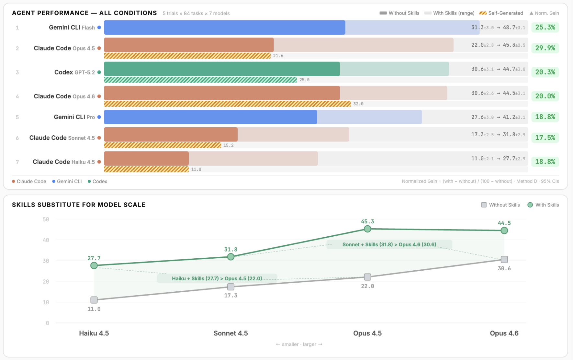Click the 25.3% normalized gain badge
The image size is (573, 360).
[x=545, y=28]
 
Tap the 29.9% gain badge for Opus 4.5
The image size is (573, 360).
[x=545, y=48]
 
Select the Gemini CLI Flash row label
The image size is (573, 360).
[x=72, y=28]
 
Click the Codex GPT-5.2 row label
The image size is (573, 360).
[x=74, y=72]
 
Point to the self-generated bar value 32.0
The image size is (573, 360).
[x=358, y=104]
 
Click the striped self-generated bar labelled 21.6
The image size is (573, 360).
[x=187, y=56]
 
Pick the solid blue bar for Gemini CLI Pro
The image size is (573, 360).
[x=210, y=117]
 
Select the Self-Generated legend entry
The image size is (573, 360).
[x=501, y=13]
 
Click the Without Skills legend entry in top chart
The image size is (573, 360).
[x=399, y=13]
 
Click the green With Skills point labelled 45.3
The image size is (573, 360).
[x=367, y=229]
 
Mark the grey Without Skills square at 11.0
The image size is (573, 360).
[x=94, y=300]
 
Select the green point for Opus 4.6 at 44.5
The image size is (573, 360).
[x=504, y=231]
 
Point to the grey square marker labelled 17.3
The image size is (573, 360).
[x=231, y=287]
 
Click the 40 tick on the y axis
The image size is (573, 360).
[x=46, y=240]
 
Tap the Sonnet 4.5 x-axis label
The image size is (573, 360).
[x=230, y=333]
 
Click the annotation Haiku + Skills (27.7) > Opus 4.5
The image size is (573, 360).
[x=217, y=278]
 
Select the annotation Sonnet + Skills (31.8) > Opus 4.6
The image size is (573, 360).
[x=389, y=245]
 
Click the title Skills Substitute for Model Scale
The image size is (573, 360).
[x=79, y=205]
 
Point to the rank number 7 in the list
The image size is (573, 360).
[x=17, y=162]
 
